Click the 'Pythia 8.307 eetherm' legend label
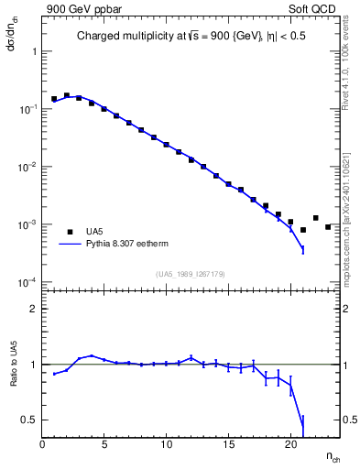(x=135, y=245)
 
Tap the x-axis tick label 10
(x=166, y=444)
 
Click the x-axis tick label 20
(x=290, y=444)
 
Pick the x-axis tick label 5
(x=104, y=444)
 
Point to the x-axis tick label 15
(x=228, y=444)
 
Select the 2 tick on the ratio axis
(x=35, y=309)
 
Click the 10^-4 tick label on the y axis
(x=26, y=282)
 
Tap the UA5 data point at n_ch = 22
(x=315, y=218)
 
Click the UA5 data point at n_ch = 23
(x=328, y=227)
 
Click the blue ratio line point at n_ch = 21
(x=303, y=423)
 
